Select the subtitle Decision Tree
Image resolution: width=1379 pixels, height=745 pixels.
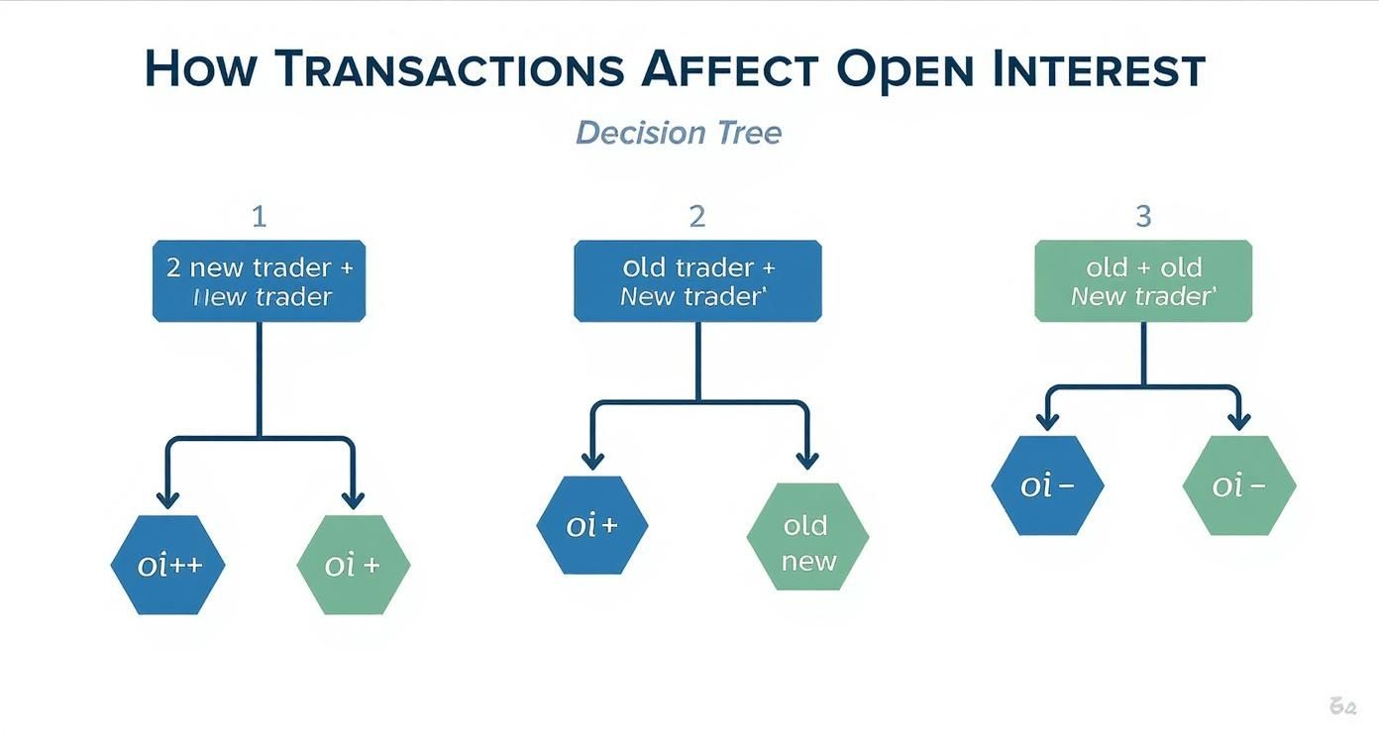[679, 132]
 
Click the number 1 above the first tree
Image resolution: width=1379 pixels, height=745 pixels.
[259, 216]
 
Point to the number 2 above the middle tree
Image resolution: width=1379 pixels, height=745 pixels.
[697, 216]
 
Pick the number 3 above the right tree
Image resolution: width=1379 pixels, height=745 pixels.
[1143, 216]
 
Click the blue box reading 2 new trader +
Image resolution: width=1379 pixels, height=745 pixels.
[259, 281]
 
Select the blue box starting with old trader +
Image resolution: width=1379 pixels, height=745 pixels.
[697, 281]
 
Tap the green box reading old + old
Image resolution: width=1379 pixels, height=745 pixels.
[1143, 281]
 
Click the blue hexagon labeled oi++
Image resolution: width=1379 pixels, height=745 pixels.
[167, 565]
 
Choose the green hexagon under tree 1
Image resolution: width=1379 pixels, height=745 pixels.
[354, 565]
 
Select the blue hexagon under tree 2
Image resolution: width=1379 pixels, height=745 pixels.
[592, 525]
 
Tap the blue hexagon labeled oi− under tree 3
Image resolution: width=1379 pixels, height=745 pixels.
[1047, 485]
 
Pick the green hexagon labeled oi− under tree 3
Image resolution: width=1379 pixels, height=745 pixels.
[1239, 485]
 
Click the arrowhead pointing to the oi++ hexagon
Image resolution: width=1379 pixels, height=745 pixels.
[167, 498]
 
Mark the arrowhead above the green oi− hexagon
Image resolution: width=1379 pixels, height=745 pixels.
[1238, 421]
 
